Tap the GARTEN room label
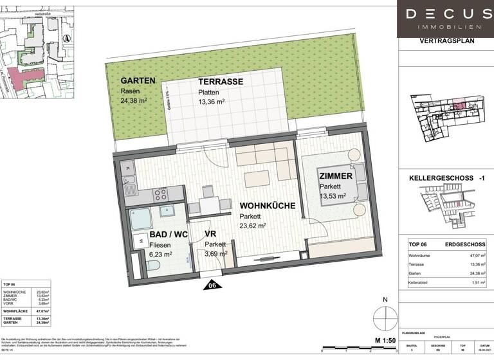coord(138,81)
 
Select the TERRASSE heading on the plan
coord(220,82)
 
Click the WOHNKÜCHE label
coord(268,206)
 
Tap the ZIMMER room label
coord(335,175)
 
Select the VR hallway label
coord(210,235)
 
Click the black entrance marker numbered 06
coord(212,284)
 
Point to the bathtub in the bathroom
coord(147,219)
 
